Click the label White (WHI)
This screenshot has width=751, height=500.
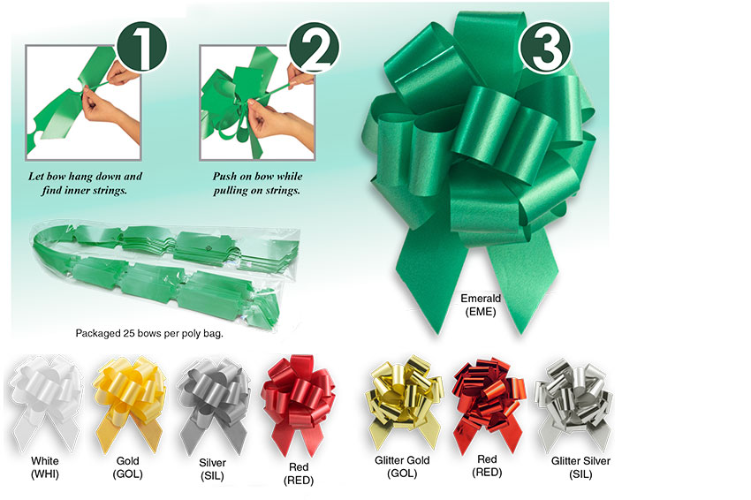[x=45, y=467]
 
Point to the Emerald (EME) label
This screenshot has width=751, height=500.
[x=482, y=305]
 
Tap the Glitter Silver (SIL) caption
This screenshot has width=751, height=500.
[x=580, y=467]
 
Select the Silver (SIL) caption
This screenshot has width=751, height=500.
[x=212, y=469]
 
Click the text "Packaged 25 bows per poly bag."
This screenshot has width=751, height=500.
[x=149, y=334]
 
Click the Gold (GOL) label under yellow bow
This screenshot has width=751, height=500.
[x=128, y=467]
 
